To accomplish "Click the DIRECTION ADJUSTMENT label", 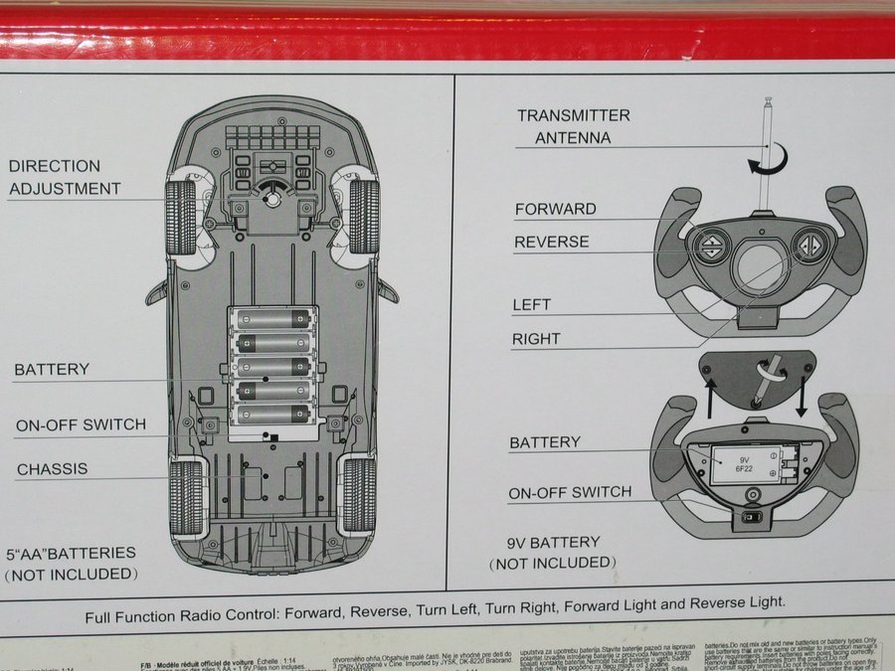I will pos(65,177).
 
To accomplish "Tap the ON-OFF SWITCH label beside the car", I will pos(81,424).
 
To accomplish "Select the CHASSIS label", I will pos(52,468).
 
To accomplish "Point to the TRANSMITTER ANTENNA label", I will pos(573,126).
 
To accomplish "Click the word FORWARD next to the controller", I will pos(555,209).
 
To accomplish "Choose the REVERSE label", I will pos(551,242).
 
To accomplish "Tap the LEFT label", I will pos(531,304).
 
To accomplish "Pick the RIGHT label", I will pos(536,339).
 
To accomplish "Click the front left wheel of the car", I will pos(181,217).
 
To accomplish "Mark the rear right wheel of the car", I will pos(359,495).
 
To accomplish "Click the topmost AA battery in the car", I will pos(272,319).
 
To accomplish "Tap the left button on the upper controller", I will pos(711,246).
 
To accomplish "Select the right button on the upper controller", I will pos(811,245).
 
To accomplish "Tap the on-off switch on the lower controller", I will pos(753,517).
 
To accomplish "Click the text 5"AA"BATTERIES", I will pos(71,553).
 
